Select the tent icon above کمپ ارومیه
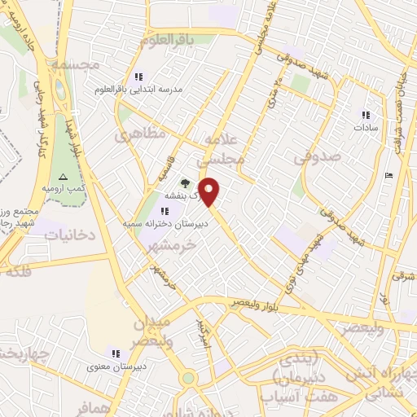tap(63, 177)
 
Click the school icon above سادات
tap(365, 115)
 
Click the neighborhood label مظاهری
tap(139, 133)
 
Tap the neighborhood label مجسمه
tap(73, 64)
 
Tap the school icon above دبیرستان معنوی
tap(116, 353)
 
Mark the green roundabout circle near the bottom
tap(188, 378)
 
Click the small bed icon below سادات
tap(388, 175)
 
